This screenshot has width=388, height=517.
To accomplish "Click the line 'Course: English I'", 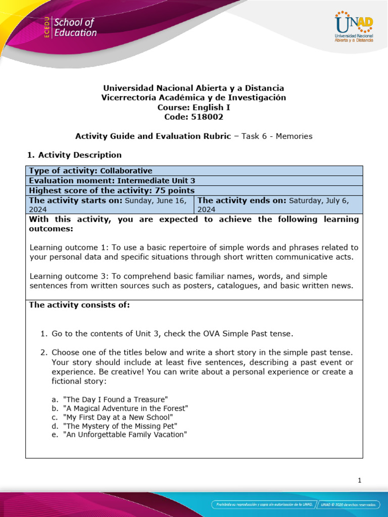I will coord(193,107).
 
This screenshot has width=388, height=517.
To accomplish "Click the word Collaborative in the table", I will coord(126,171).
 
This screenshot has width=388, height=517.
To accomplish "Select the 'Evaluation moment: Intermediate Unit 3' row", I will coord(112,180).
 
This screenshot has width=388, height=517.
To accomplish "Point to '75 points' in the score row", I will coord(175,190).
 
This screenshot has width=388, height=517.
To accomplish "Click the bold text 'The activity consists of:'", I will coord(79,305).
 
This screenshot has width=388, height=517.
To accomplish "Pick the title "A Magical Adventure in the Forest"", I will coord(125,408).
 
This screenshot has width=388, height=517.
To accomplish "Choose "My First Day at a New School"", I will coord(118,417).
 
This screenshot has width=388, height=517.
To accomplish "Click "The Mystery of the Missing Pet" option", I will coord(120,426).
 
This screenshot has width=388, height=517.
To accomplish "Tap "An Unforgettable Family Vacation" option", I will coord(125,434).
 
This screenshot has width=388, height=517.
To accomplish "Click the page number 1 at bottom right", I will coord(359,481).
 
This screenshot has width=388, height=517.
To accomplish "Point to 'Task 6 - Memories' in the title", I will coord(277,136).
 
